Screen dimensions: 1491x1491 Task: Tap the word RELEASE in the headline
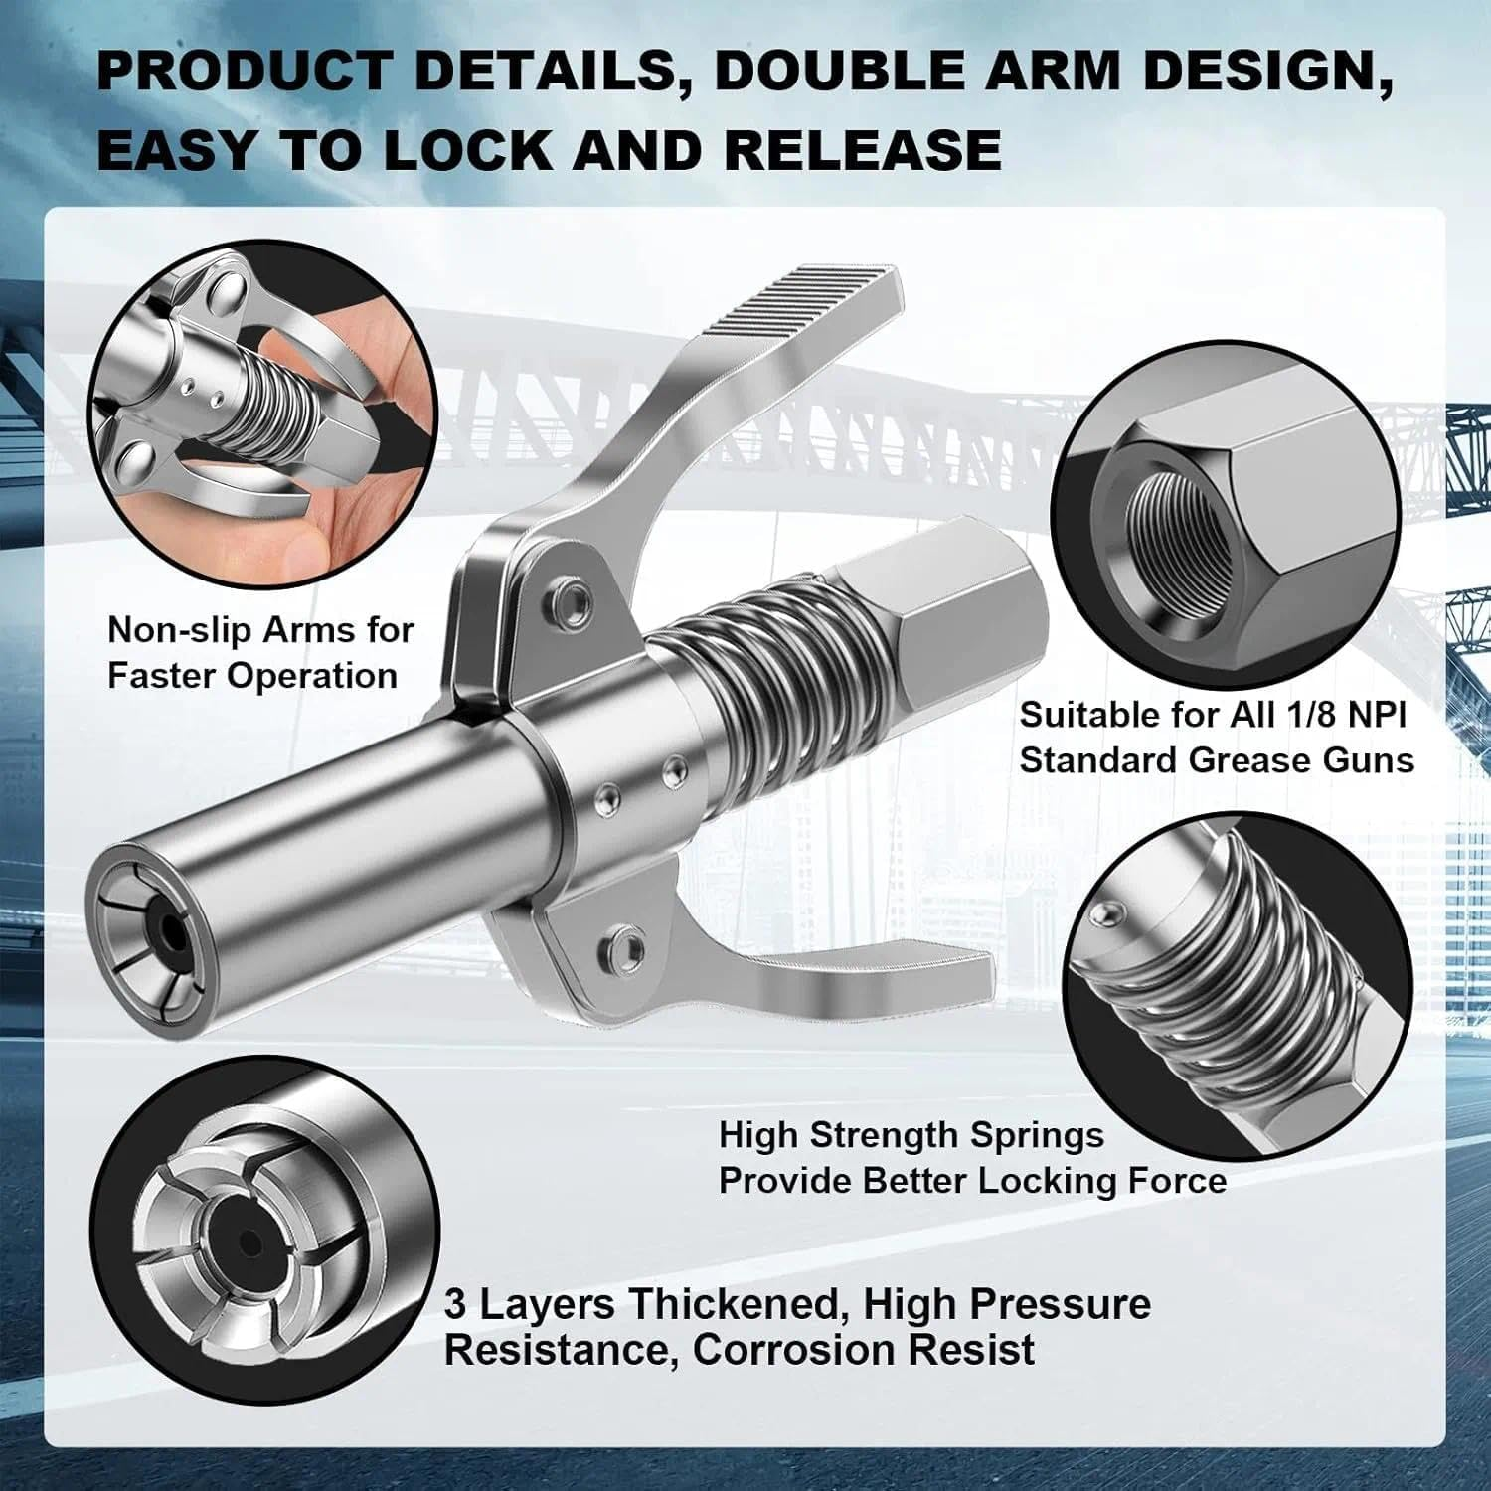tap(862, 150)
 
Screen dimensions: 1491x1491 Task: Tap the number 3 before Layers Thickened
tap(454, 1304)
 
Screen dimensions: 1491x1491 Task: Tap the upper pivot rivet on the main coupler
tap(574, 598)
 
